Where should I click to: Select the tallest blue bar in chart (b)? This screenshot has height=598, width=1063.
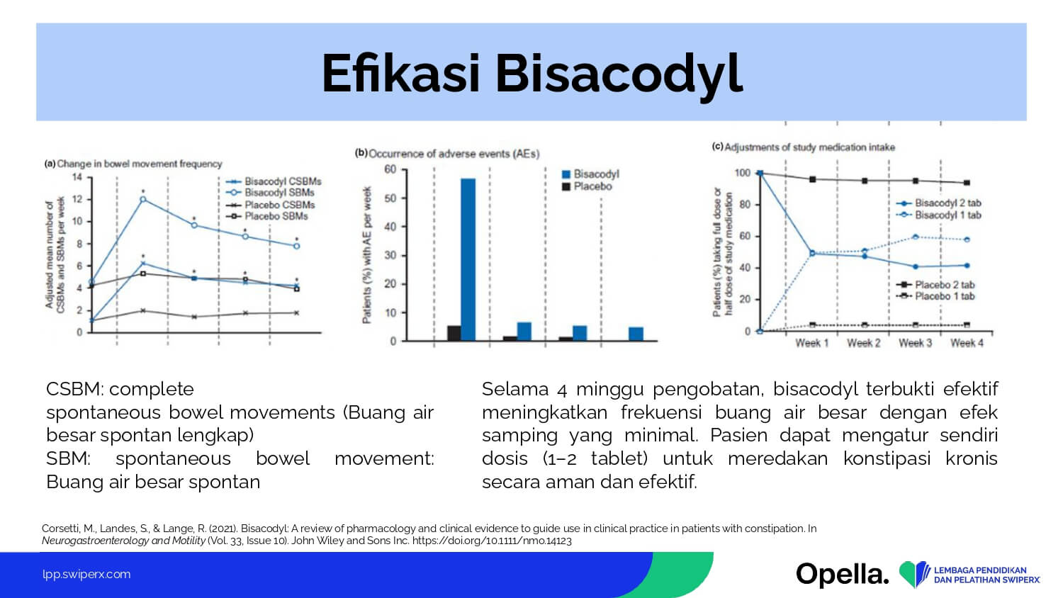468,259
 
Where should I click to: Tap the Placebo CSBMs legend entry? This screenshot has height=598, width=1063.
270,205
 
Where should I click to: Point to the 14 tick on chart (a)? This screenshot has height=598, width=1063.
77,178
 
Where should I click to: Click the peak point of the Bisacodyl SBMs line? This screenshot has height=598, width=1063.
143,199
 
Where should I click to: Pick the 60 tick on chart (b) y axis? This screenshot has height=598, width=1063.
390,169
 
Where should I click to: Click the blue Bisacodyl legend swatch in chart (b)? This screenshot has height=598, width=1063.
566,174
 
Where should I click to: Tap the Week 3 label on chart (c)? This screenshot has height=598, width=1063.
916,343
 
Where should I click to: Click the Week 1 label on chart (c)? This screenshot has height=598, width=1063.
812,343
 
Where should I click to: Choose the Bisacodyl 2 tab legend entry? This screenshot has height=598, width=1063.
939,203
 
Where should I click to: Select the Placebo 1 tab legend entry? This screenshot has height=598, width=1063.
935,296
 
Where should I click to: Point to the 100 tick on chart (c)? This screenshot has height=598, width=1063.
743,173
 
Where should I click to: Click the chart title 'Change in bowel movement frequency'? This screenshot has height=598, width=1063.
140,164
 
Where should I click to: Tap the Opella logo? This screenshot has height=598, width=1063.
843,575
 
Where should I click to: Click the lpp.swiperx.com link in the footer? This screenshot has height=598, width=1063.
86,575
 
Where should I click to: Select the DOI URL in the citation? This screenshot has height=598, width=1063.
492,541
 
